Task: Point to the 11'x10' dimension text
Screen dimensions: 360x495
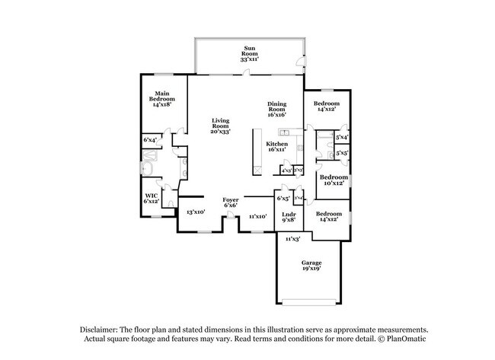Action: pos(257,216)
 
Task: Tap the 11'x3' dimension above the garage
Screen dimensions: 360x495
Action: pos(293,239)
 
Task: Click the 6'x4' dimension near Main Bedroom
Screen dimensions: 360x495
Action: pos(150,141)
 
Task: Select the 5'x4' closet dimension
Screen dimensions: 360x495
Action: pos(342,137)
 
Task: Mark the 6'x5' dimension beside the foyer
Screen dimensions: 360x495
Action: pos(283,199)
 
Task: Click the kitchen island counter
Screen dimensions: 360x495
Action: pos(257,148)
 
